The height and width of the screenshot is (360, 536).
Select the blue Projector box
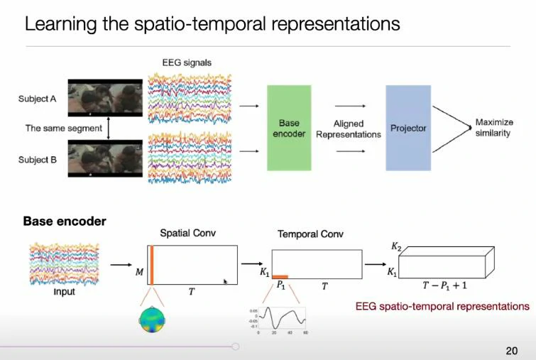(x=408, y=128)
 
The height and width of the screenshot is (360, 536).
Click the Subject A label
(x=38, y=99)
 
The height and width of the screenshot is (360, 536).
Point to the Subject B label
(x=38, y=160)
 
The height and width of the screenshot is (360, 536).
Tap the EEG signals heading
(x=187, y=62)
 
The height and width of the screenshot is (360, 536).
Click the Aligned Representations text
(x=348, y=129)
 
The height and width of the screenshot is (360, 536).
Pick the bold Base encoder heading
(x=65, y=222)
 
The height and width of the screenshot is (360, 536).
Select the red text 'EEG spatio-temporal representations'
(x=442, y=307)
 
